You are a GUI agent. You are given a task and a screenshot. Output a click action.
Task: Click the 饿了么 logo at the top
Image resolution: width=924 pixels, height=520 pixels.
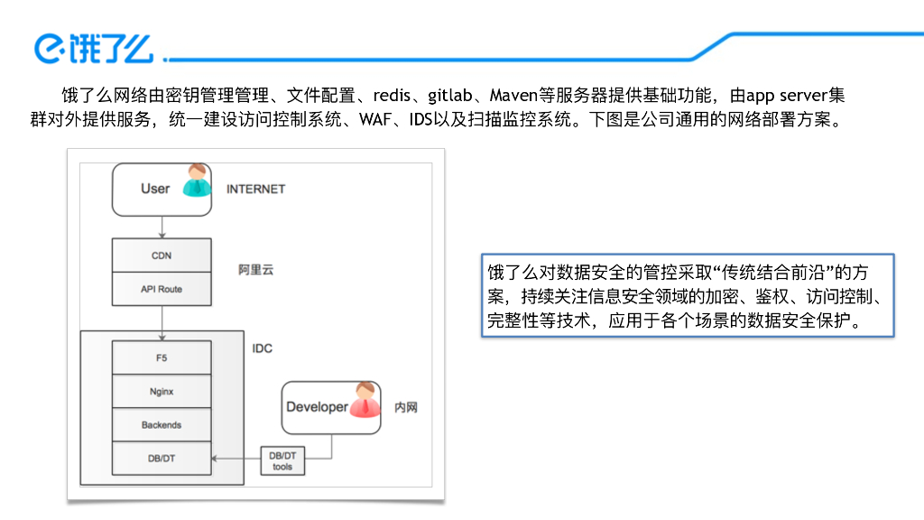pos(94,48)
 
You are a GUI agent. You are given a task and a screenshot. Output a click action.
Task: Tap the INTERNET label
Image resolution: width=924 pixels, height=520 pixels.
pos(255,189)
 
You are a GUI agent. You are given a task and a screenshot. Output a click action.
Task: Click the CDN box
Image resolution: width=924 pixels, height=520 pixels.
pos(162,255)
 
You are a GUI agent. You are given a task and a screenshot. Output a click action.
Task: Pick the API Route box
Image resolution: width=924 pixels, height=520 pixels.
pos(162,289)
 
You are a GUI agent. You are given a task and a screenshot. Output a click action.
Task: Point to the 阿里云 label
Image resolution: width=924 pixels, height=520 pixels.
pos(255,270)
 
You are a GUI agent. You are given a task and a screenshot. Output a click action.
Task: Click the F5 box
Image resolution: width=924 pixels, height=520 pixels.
pos(162,357)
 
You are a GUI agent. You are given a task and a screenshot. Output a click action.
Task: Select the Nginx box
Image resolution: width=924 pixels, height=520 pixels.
pos(162,392)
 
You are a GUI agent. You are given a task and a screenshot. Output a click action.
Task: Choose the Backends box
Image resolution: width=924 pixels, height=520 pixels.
pos(162,425)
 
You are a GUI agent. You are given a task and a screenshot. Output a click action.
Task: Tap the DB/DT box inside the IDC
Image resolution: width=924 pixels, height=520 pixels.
pos(162,459)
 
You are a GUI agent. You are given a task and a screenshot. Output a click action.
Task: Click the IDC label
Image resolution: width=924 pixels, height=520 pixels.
pos(262,348)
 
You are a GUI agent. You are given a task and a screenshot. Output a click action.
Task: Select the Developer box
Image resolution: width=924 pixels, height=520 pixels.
pos(317,407)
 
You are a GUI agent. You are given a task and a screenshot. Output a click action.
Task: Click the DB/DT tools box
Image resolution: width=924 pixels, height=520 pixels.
pos(282,461)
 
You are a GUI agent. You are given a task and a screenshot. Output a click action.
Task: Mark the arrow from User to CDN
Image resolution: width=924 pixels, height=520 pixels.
pos(162,227)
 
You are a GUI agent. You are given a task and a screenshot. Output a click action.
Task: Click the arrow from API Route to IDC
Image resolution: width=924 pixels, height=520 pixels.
pos(162,318)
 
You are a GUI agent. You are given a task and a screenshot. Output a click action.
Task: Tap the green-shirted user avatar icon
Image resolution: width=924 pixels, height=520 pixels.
pos(197,181)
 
